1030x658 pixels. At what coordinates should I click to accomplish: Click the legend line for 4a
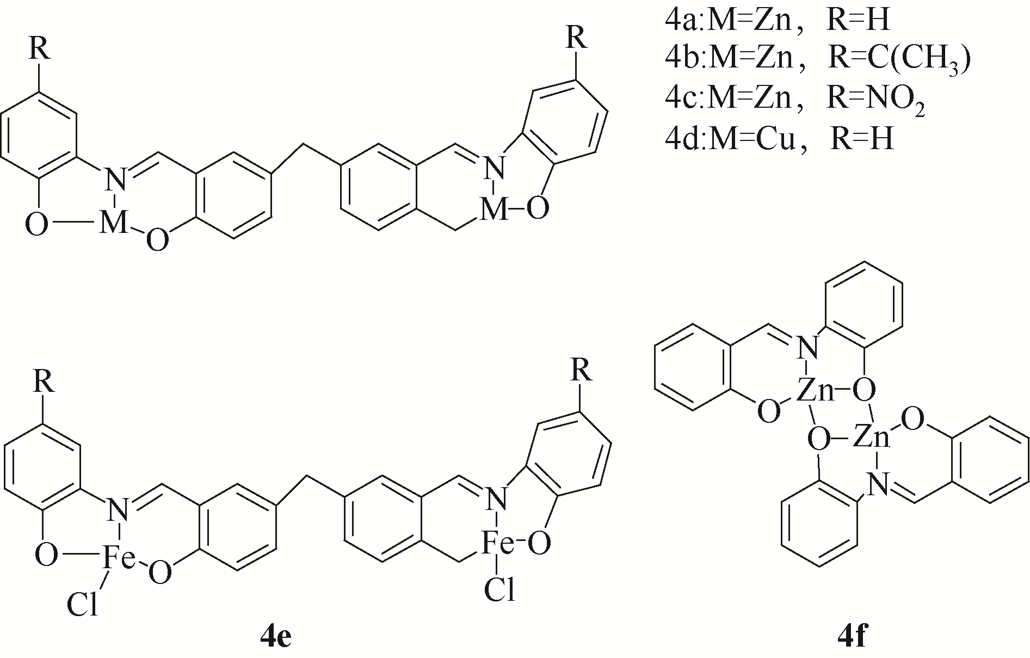[x=776, y=20]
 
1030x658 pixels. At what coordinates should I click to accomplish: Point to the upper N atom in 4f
[x=807, y=348]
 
